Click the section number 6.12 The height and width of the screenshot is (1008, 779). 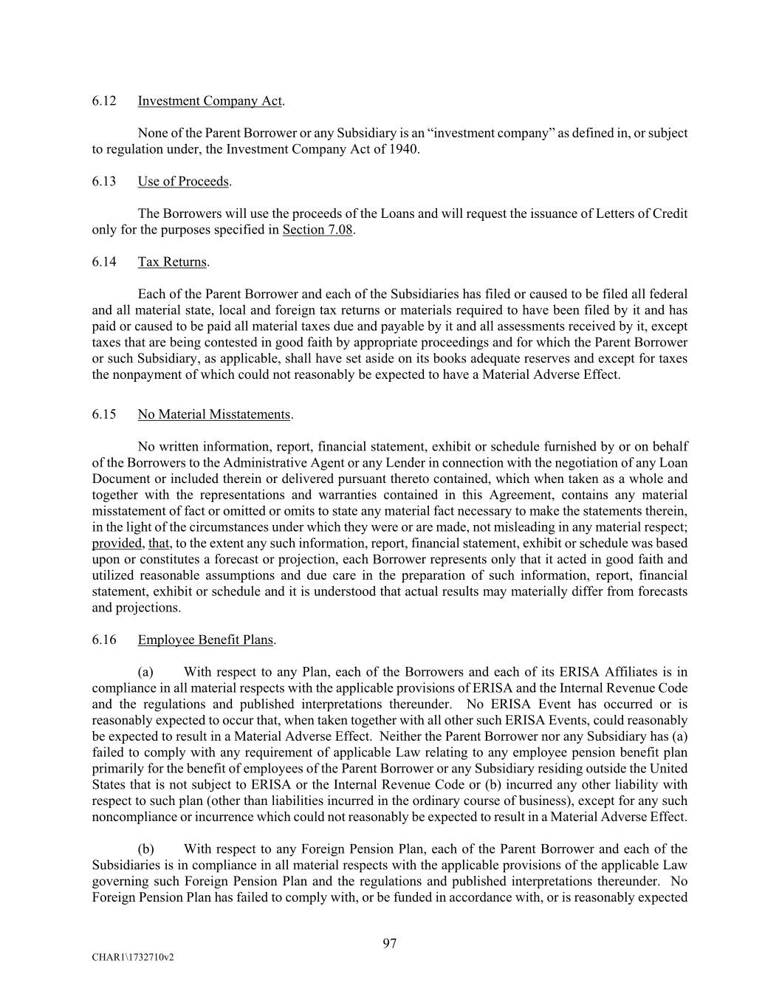tap(104, 101)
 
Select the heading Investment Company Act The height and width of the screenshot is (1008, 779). tap(210, 101)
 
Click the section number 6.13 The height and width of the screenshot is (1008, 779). tap(104, 182)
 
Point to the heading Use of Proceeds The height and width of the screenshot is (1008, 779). tap(183, 182)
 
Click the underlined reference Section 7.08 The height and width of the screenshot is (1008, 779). tap(318, 230)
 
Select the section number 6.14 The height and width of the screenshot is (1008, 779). tap(104, 262)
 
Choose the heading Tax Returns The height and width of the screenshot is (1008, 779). tap(172, 262)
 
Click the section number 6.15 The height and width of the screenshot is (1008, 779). tap(104, 414)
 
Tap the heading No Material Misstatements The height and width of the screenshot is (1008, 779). tap(214, 414)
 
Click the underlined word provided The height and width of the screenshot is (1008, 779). tap(117, 544)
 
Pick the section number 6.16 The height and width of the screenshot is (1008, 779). tap(104, 640)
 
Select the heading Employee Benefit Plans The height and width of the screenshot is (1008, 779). tap(205, 640)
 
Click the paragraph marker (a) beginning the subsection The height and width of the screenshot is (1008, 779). tap(145, 672)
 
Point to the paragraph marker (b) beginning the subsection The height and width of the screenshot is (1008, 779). tap(145, 849)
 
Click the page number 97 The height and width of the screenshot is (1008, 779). tap(390, 943)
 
